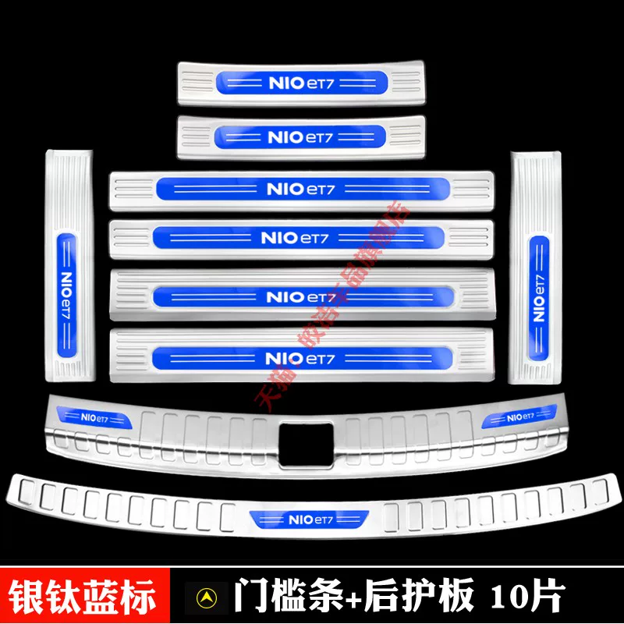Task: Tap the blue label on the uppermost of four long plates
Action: point(300,190)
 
